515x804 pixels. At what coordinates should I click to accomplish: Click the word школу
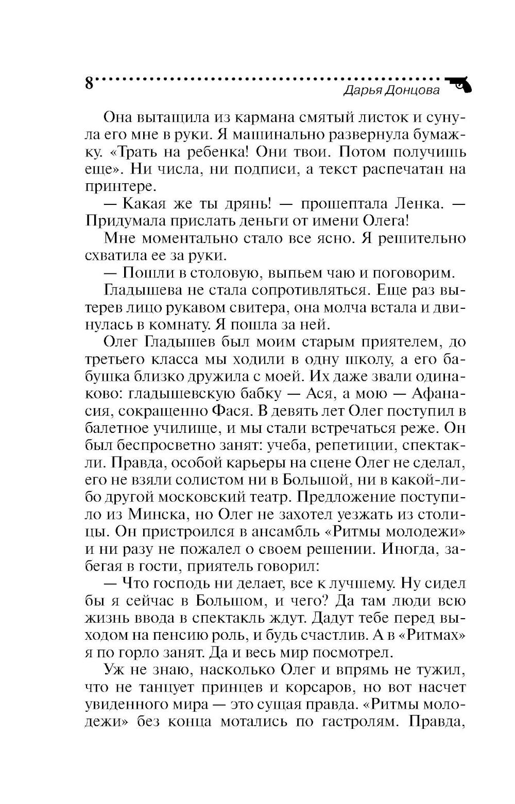383,360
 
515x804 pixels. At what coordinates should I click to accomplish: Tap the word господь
191,585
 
